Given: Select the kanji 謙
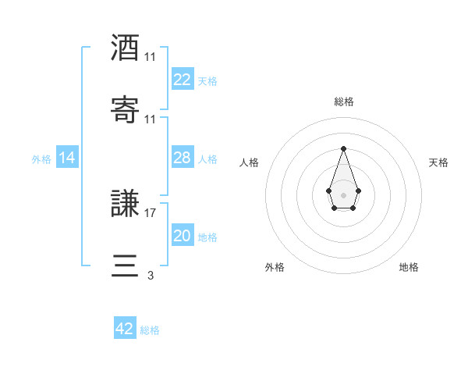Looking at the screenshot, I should pyautogui.click(x=125, y=205).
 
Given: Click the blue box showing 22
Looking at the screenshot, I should pyautogui.click(x=182, y=80).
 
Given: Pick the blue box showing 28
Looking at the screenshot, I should pyautogui.click(x=182, y=158).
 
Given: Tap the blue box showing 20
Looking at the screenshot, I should pyautogui.click(x=182, y=236).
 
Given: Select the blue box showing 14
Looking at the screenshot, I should pyautogui.click(x=67, y=158).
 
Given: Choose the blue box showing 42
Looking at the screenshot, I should pyautogui.click(x=125, y=329).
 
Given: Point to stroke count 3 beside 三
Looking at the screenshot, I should pyautogui.click(x=151, y=275).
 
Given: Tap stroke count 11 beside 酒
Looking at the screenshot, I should pyautogui.click(x=151, y=57).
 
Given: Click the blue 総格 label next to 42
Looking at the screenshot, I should pyautogui.click(x=150, y=330).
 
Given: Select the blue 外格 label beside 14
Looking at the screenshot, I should pyautogui.click(x=41, y=159).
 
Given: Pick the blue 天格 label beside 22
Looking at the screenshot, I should pyautogui.click(x=207, y=81).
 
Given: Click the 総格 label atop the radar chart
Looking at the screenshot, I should pyautogui.click(x=344, y=102).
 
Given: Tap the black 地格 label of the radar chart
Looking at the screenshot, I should pyautogui.click(x=409, y=267).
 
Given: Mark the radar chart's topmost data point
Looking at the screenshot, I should pyautogui.click(x=343, y=148).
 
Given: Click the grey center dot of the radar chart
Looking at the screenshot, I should pyautogui.click(x=343, y=194).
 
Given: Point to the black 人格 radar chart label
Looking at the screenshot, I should pyautogui.click(x=250, y=162).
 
